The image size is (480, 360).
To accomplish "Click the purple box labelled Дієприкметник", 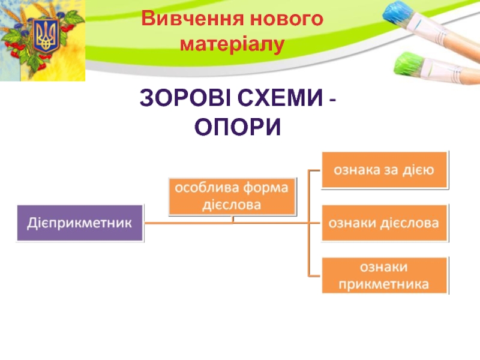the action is [x=80, y=223].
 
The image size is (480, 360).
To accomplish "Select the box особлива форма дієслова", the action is [x=232, y=196].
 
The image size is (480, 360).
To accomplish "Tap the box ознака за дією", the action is [x=385, y=170].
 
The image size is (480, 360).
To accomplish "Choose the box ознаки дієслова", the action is [x=385, y=223].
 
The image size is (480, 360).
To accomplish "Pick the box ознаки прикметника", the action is [x=385, y=275].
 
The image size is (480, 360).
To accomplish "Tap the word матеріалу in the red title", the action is [x=232, y=44].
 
